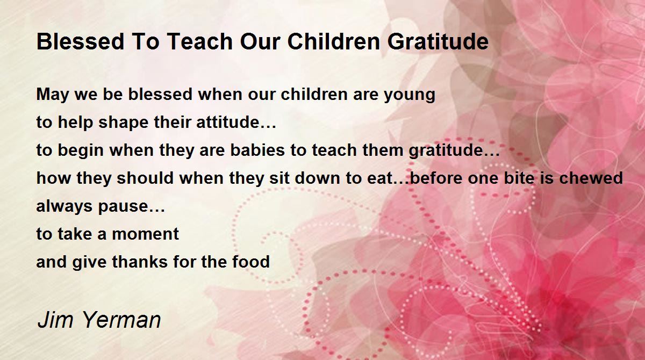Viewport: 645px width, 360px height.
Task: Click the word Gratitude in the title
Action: click(x=438, y=42)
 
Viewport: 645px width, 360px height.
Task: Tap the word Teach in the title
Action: click(x=200, y=42)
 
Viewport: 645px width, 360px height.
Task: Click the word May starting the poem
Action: click(x=53, y=95)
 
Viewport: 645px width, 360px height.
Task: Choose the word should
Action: click(x=145, y=178)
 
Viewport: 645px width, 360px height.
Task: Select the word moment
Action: click(x=146, y=234)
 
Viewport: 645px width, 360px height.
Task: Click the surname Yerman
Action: click(x=121, y=320)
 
